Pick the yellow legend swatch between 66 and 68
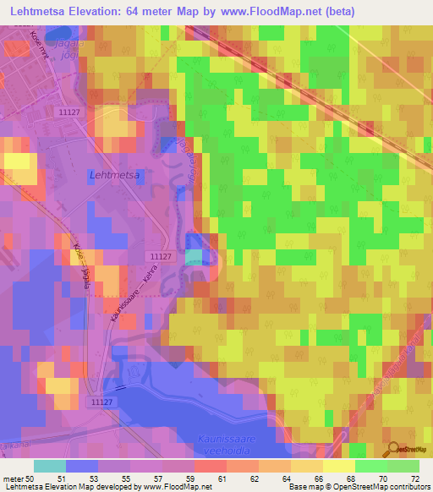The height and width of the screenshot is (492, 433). pyautogui.click(x=338, y=466)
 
